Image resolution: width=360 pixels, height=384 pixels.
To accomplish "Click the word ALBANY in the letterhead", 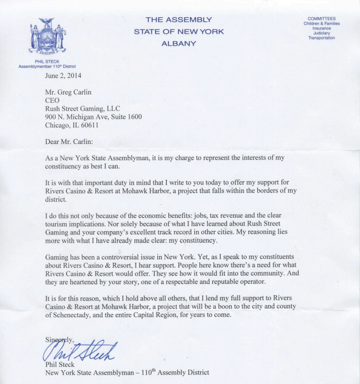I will pyautogui.click(x=179, y=43).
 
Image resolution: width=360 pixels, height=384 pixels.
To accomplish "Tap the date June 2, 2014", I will pyautogui.click(x=66, y=76).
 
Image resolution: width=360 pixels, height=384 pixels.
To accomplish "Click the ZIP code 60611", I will pyautogui.click(x=88, y=125).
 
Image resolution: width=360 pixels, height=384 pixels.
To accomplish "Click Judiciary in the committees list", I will pyautogui.click(x=322, y=33).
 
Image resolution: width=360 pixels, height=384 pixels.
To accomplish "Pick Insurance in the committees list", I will pyautogui.click(x=322, y=28).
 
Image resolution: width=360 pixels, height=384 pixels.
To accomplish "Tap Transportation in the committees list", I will pyautogui.click(x=322, y=38).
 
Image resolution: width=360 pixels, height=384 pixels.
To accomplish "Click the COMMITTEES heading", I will pyautogui.click(x=322, y=19).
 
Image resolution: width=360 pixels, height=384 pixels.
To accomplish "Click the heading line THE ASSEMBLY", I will pyautogui.click(x=179, y=20).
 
